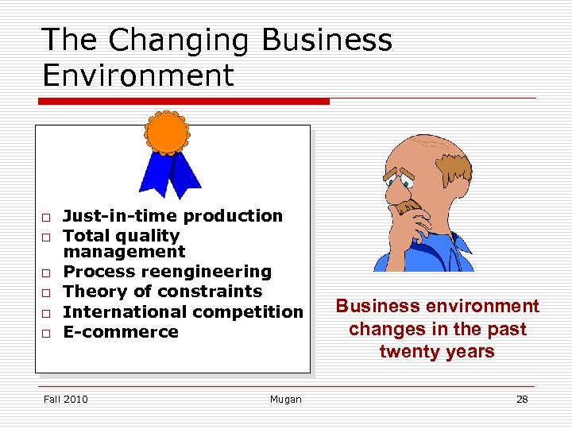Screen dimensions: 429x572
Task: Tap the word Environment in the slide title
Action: coord(138,75)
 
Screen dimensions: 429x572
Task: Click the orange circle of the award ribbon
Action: coord(168,133)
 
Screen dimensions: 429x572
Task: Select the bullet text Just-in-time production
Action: coord(172,216)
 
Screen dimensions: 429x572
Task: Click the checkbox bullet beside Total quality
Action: coord(47,237)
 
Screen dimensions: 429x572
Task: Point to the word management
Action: coord(123,252)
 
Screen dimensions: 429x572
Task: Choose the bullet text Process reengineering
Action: coord(167,272)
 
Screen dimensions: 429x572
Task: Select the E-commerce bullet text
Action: coord(121,332)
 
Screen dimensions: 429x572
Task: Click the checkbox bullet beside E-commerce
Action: coord(47,333)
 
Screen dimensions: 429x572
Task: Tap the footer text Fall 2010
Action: coord(66,399)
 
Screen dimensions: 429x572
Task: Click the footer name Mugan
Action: coord(285,399)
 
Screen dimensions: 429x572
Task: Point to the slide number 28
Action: coord(522,399)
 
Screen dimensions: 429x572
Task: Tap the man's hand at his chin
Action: coord(409,208)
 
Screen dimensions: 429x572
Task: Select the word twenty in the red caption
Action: coord(404,352)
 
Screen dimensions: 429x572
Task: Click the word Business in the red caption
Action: coord(377,307)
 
